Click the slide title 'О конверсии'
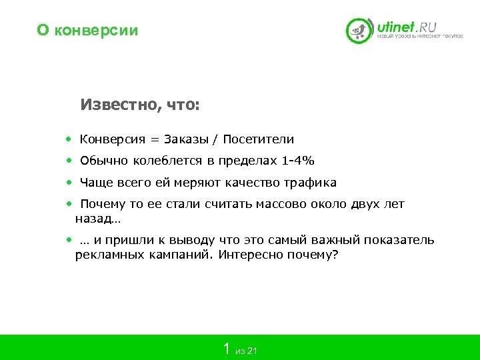coord(87,30)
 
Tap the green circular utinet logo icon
coord(359,31)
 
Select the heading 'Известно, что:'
coord(140,105)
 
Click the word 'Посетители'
coord(258,139)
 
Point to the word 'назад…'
coord(98,218)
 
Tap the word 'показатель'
coord(402,240)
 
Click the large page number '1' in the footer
coord(227,348)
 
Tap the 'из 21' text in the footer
coord(247,351)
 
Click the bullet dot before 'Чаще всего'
coord(69,182)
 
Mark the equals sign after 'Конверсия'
coord(155,140)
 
